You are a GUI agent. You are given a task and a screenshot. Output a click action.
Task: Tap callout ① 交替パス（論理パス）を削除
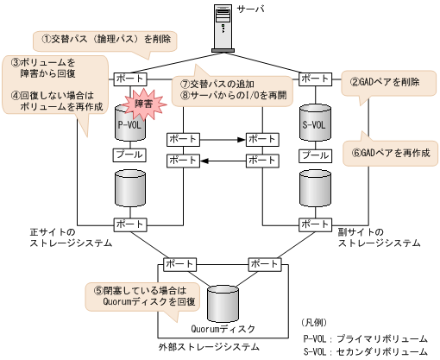click(x=105, y=39)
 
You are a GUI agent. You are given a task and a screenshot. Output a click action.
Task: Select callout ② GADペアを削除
click(x=384, y=83)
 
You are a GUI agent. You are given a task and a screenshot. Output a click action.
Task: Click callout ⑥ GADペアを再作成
click(x=391, y=151)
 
